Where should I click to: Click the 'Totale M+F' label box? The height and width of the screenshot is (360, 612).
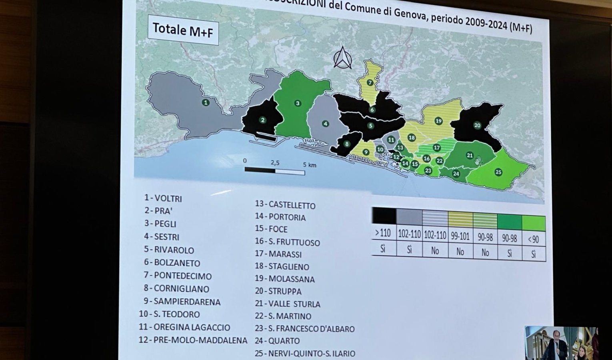point(183,30)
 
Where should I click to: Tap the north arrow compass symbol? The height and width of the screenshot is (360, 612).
point(342,58)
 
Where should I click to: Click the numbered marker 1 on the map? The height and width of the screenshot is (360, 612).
point(206,102)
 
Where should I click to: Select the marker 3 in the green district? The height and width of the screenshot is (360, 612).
point(297,103)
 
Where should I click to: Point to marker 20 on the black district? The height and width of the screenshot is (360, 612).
point(477,125)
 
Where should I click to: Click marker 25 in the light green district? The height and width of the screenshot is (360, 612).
point(498,172)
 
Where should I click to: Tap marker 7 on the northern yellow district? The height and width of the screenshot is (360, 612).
point(370,83)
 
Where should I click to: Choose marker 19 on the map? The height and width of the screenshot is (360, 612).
point(438,121)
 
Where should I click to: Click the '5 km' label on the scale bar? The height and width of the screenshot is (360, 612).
point(310,165)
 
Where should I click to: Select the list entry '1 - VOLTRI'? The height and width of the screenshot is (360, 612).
point(163,198)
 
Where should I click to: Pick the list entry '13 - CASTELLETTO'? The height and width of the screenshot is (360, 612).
point(285,205)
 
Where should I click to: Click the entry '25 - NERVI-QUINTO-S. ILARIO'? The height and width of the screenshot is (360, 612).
point(305,354)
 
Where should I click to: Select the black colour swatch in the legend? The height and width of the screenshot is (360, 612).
point(384,216)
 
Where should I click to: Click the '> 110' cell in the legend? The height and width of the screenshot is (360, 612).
point(383,233)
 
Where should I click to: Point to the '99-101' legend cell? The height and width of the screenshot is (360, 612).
point(460,236)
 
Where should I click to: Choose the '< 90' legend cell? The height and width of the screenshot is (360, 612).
point(533,240)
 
